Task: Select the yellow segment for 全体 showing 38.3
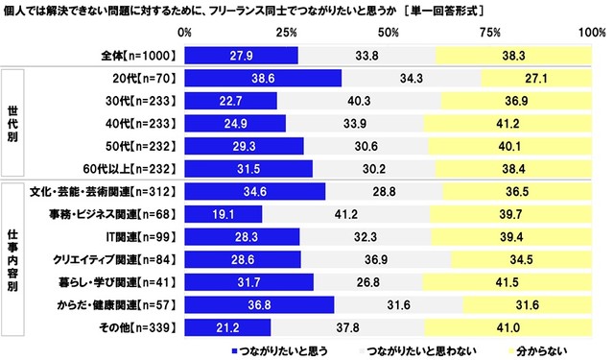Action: (513, 56)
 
